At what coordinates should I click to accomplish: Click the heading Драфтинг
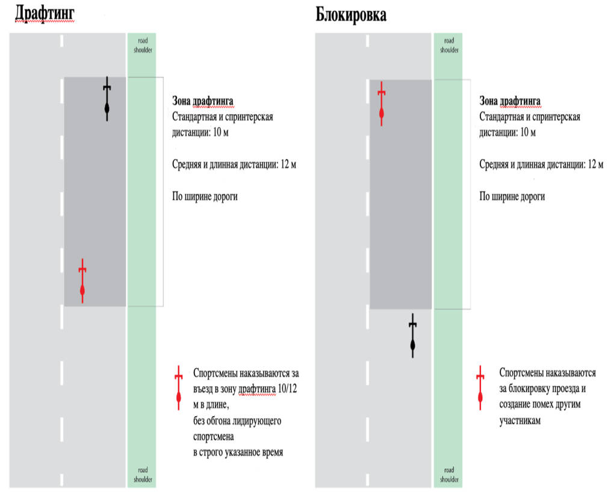[x=45, y=14]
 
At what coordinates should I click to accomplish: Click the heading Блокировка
[x=351, y=14]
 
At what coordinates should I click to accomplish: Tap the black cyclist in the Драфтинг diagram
[x=107, y=99]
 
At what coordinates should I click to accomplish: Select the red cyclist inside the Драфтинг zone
[x=82, y=281]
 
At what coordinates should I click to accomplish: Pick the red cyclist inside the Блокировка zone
[x=382, y=104]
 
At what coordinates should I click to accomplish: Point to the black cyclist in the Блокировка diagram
[x=412, y=336]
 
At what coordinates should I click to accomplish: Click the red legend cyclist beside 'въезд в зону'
[x=178, y=388]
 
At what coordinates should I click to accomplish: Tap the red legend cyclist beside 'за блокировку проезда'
[x=480, y=388]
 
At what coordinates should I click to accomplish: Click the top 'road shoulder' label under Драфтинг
[x=143, y=45]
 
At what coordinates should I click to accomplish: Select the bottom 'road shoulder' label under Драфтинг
[x=143, y=475]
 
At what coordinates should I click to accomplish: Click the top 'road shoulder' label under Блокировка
[x=449, y=45]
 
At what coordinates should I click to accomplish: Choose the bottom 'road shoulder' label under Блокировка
[x=449, y=475]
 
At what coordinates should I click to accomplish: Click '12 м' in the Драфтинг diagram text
[x=288, y=164]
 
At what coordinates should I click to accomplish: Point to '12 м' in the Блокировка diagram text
[x=595, y=164]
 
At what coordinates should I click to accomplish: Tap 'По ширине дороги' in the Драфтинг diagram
[x=205, y=196]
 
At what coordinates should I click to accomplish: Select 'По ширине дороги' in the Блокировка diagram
[x=512, y=196]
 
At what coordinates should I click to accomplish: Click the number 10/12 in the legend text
[x=288, y=389]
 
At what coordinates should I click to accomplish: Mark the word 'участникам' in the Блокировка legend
[x=520, y=421]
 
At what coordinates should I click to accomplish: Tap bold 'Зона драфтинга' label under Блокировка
[x=509, y=101]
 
